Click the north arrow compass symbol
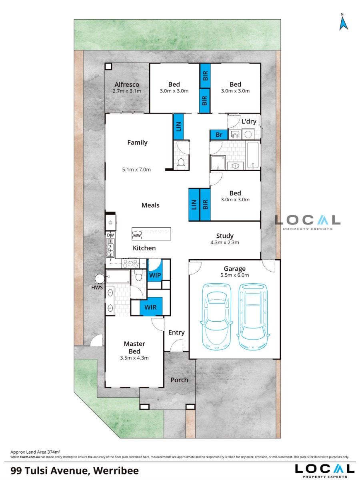pos(343,23)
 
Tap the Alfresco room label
pos(127,84)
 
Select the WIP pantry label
pos(155,275)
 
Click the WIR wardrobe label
pos(150,307)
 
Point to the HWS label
pos(97,287)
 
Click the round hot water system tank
pos(100,279)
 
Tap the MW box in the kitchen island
pos(137,236)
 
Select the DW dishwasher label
pos(110,235)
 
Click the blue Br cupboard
pos(219,135)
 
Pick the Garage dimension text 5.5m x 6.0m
pos(234,275)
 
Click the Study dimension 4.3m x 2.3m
pos(225,242)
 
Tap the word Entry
pos(176,333)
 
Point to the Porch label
pos(179,380)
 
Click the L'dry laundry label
pos(249,121)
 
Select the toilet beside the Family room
pos(181,164)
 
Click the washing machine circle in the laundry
pos(248,134)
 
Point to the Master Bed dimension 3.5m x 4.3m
pos(134,358)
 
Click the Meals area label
pos(150,205)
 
